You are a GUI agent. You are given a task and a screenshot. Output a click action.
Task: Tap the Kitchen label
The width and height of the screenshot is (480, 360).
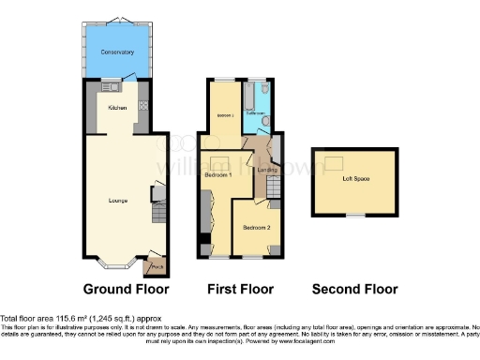(117, 108)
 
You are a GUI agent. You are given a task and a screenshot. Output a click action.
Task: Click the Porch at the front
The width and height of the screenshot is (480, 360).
(156, 265)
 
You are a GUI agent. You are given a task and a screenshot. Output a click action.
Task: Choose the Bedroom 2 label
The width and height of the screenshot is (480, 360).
(255, 228)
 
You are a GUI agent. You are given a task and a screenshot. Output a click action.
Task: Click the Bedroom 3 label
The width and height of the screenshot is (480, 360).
(225, 114)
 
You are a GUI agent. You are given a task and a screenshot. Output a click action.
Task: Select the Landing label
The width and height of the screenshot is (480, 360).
(267, 169)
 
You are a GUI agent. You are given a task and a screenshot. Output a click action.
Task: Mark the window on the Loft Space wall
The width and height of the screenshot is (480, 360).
(354, 215)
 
